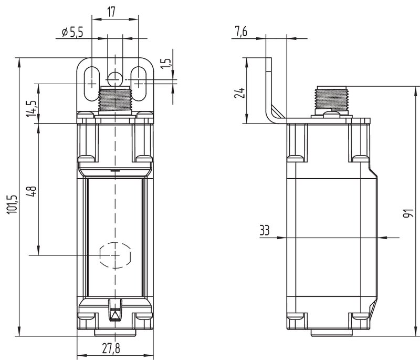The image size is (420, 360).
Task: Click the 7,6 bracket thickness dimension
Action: pos(240,32)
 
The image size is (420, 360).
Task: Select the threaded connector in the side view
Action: pos(330,98)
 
